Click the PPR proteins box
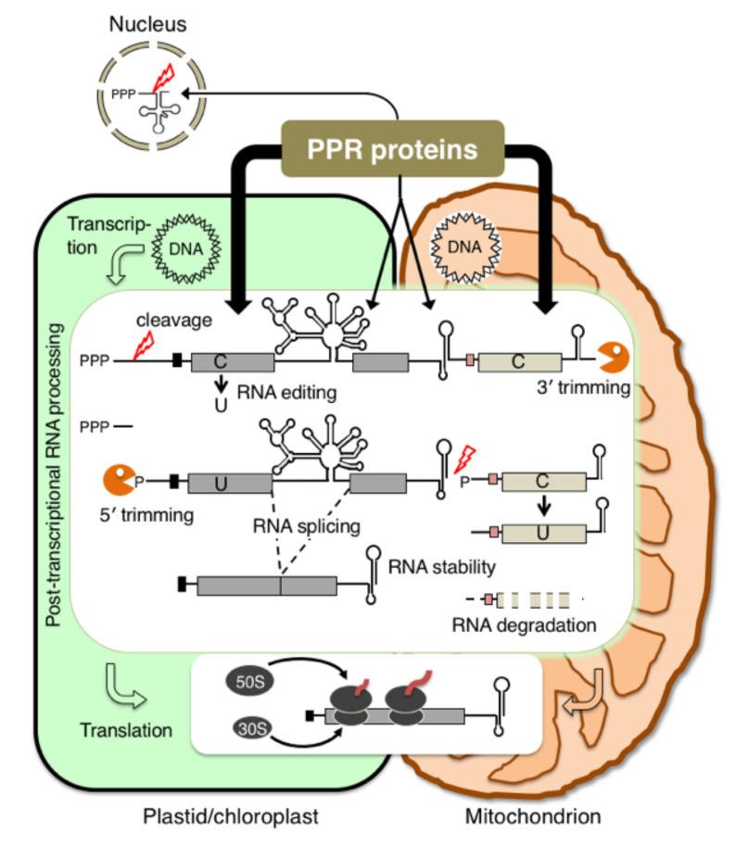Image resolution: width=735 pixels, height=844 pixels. click(x=393, y=147)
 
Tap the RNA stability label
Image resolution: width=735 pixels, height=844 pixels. click(x=442, y=565)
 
